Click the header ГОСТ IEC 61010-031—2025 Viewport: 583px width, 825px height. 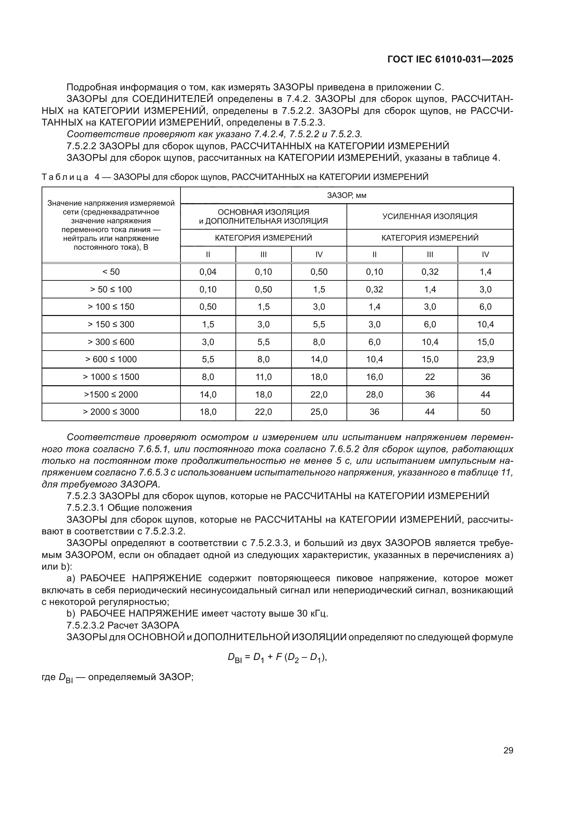pyautogui.click(x=450, y=60)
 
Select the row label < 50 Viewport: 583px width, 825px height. pyautogui.click(x=111, y=272)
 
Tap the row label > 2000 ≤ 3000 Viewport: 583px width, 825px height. pyautogui.click(x=111, y=412)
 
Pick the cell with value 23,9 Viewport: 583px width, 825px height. pyautogui.click(x=485, y=359)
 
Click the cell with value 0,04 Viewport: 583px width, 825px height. pyautogui.click(x=208, y=272)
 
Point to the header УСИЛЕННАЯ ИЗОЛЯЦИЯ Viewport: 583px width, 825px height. pyautogui.click(x=430, y=216)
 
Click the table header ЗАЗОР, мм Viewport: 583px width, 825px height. pyautogui.click(x=346, y=195)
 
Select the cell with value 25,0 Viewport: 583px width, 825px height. pyautogui.click(x=319, y=412)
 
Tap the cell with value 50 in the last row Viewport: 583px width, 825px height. pyautogui.click(x=485, y=412)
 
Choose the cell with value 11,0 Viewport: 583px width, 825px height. pyautogui.click(x=263, y=377)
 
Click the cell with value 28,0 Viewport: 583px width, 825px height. pyautogui.click(x=374, y=395)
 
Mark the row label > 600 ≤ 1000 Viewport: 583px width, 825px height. pyautogui.click(x=111, y=359)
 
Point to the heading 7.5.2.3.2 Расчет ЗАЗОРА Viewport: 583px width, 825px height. pyautogui.click(x=123, y=625)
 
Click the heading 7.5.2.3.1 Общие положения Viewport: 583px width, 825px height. pyautogui.click(x=129, y=508)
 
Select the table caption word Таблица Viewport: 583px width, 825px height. pyautogui.click(x=65, y=177)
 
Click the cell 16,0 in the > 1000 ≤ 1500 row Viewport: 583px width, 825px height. pyautogui.click(x=374, y=377)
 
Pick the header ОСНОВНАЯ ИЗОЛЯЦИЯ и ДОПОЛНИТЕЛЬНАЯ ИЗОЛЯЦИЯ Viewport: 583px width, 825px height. pyautogui.click(x=263, y=216)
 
